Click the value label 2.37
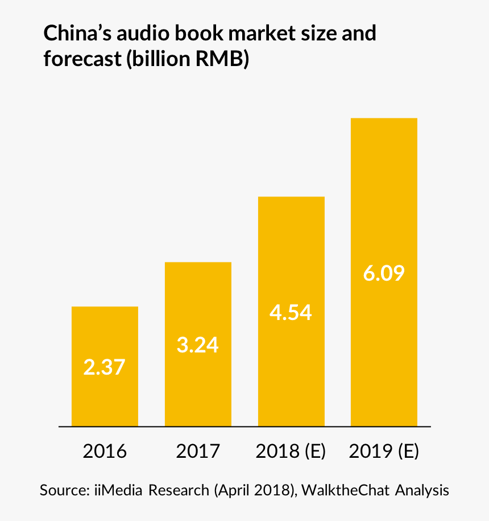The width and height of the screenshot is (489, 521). point(104,367)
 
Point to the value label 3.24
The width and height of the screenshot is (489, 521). point(198,345)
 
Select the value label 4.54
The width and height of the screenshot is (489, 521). point(291,313)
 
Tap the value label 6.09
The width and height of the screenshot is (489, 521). point(384,273)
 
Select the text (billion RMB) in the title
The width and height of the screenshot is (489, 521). point(188,60)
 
